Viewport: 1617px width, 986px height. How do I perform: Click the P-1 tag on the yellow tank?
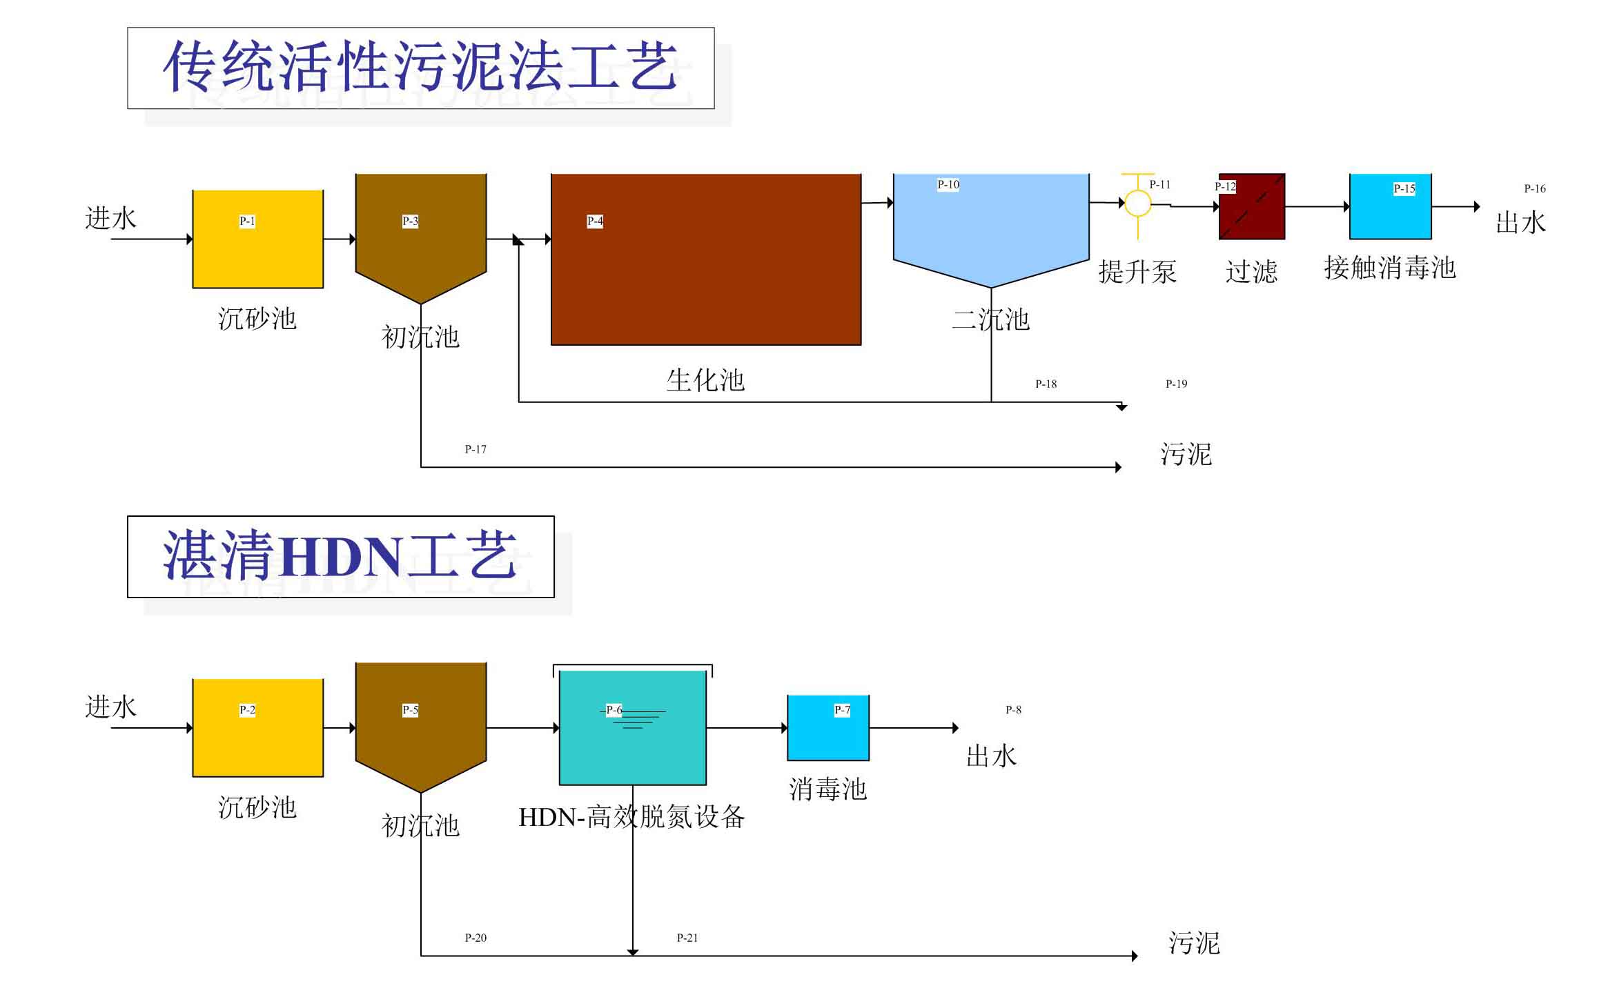pos(247,221)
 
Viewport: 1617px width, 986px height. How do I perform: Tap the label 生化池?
pos(705,380)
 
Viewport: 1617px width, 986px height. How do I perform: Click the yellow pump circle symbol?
pos(1137,203)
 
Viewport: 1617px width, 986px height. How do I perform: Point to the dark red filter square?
pos(1251,207)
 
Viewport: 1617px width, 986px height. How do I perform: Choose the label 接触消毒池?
pos(1390,268)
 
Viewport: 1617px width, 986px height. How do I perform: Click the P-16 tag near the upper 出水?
pos(1534,188)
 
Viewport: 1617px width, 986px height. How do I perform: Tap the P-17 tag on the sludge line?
pos(476,449)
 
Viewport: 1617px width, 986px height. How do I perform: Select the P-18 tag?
pos(1046,384)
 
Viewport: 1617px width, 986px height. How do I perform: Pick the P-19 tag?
pos(1176,384)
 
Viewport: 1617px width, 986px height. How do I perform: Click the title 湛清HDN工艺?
pos(340,556)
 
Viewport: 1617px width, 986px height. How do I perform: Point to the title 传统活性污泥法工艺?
pos(420,68)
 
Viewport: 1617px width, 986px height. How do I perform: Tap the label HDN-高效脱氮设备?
pos(631,818)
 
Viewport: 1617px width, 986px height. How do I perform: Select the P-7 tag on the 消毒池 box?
pos(842,710)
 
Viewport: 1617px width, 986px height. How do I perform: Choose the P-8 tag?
pos(1013,710)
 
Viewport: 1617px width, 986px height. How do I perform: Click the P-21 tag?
pos(687,938)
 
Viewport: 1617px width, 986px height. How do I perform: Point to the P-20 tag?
pos(476,938)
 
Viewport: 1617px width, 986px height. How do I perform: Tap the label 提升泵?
pos(1137,272)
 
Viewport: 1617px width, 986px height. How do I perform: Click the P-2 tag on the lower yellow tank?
pos(247,710)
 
